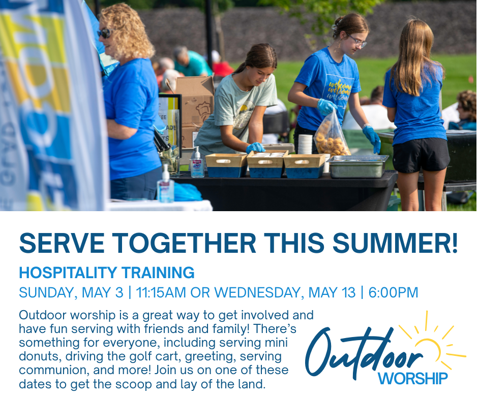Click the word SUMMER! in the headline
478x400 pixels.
point(395,243)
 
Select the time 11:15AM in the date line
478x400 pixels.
point(161,292)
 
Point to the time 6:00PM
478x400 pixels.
point(393,292)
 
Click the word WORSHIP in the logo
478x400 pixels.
point(413,378)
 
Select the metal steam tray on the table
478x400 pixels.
point(357,166)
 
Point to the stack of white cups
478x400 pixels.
point(305,144)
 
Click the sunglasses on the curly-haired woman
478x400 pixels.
point(105,33)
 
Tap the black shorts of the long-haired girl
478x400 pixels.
point(421,155)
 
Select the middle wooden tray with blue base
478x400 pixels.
point(266,164)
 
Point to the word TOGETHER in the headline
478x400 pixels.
point(184,243)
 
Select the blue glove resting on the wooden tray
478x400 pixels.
point(255,148)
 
